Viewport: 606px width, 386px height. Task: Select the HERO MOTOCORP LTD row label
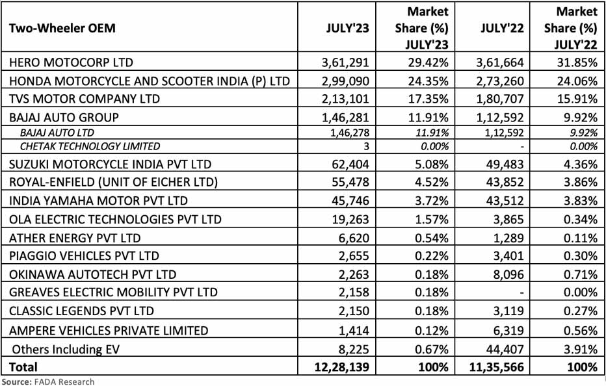tap(68, 62)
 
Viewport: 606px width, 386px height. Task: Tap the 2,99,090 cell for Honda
tap(347, 81)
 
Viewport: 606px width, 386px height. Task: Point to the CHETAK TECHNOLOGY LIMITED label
tap(90, 146)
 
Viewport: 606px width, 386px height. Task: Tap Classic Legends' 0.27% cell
tap(579, 311)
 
